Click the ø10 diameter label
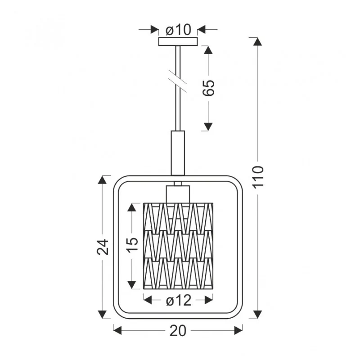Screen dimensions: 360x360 (178, 30)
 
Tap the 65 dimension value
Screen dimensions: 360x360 (208, 88)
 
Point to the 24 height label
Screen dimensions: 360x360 (103, 247)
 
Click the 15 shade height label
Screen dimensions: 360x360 (132, 245)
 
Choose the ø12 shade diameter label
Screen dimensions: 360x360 (179, 300)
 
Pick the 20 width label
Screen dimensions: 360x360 (178, 331)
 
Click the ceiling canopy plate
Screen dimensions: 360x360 (178, 41)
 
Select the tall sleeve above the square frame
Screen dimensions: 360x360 (178, 153)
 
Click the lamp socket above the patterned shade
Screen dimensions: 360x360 (178, 194)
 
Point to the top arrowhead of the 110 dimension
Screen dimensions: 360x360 (257, 42)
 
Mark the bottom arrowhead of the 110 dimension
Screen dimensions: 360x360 (257, 314)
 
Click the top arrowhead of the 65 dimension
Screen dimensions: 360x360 (208, 50)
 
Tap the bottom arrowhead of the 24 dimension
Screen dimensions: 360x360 (102, 314)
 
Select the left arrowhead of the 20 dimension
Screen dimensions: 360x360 (117, 331)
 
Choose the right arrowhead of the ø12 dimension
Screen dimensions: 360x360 (209, 300)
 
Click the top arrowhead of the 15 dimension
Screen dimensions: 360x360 (132, 207)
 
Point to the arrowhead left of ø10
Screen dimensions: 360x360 (154, 29)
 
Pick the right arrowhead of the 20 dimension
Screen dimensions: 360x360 (238, 331)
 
